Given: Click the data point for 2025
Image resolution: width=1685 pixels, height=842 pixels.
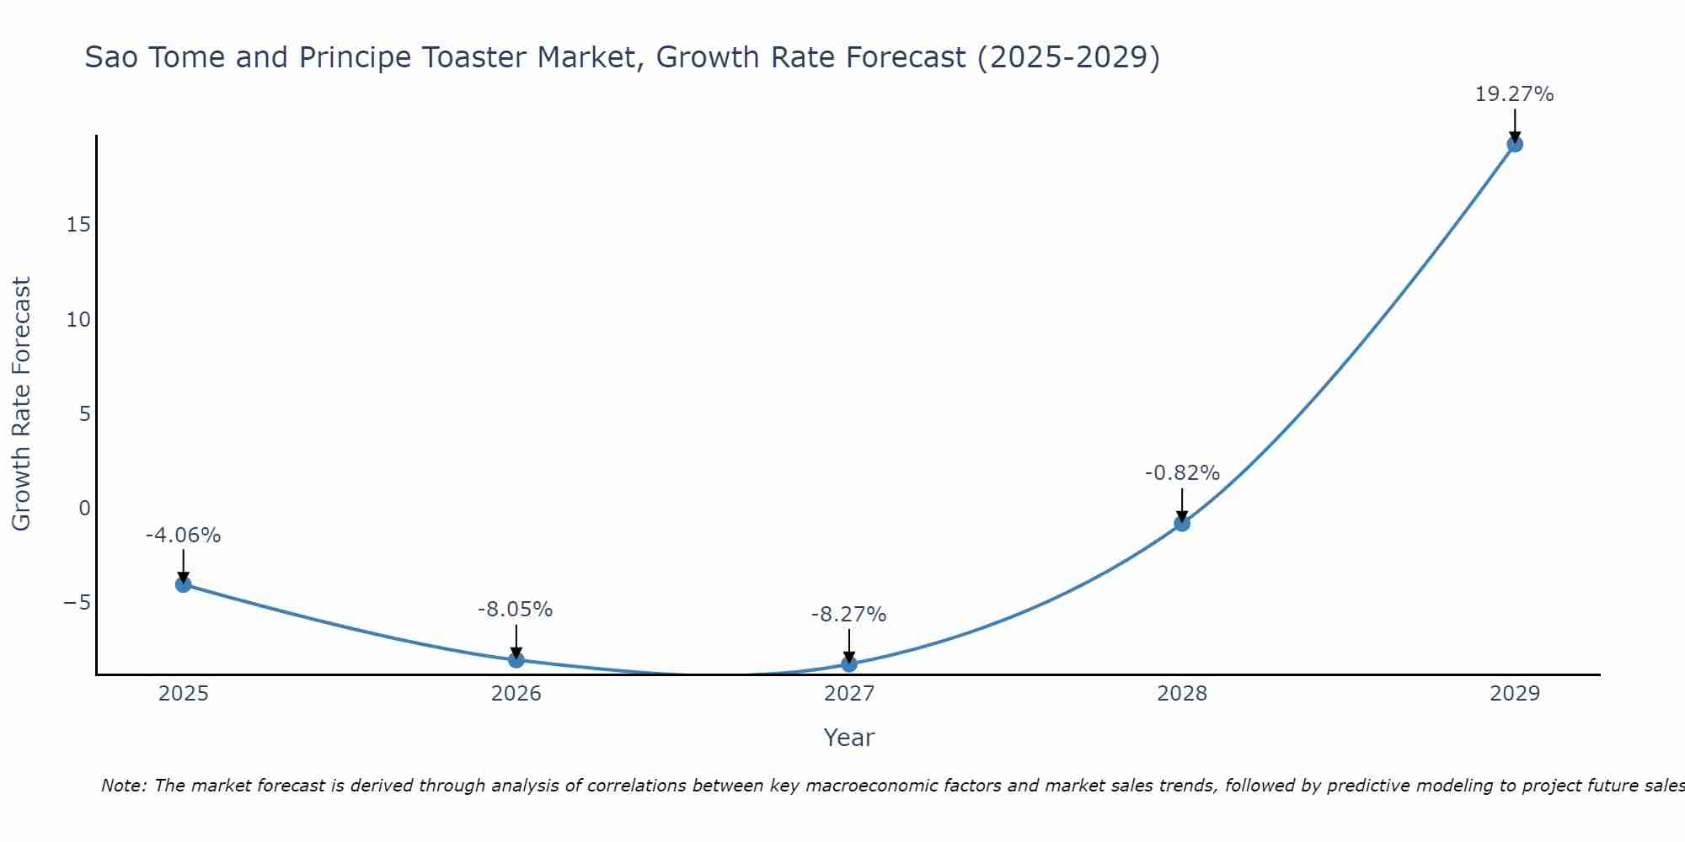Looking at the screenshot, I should click(184, 584).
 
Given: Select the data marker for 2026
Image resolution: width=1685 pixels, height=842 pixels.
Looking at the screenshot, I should click(516, 659).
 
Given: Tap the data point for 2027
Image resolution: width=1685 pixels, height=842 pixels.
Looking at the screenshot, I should click(849, 663).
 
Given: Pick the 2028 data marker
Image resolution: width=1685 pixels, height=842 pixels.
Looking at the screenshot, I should click(1182, 523).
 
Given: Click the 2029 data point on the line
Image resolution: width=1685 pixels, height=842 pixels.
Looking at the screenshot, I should click(1515, 144).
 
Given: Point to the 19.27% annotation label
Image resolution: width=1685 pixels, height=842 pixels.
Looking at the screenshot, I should click(1514, 94).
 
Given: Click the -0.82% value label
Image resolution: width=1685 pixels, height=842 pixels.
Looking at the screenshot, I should click(1182, 473).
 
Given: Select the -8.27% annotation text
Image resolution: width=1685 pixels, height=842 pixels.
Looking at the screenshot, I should click(848, 615).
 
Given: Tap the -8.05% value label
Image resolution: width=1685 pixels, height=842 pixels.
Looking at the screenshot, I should click(515, 610).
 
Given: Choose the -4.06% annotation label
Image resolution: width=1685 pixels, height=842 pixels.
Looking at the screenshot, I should click(183, 536).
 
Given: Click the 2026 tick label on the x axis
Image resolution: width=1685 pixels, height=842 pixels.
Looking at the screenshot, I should click(516, 694).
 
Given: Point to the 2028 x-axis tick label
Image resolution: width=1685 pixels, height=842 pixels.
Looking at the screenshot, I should click(1182, 694).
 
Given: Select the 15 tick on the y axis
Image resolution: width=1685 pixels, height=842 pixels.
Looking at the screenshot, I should click(79, 225).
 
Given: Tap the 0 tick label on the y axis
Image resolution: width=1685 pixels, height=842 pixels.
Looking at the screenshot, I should click(84, 508).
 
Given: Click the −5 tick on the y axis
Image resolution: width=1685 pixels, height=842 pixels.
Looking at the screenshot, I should click(77, 603).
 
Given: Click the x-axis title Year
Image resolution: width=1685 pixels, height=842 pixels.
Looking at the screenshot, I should click(849, 738).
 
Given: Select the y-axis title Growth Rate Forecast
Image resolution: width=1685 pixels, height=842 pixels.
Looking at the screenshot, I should click(21, 404).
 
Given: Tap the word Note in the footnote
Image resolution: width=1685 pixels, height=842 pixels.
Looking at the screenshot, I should click(124, 786).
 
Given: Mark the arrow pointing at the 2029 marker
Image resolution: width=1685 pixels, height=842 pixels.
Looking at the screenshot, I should click(1515, 125).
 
